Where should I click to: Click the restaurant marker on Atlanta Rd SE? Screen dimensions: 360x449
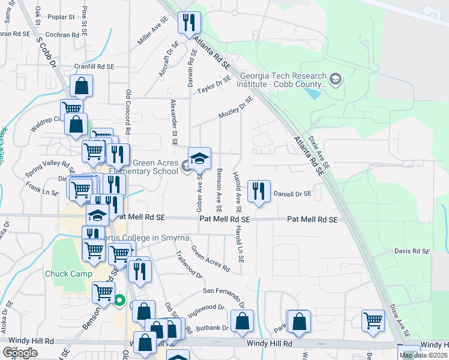[x=190, y=23]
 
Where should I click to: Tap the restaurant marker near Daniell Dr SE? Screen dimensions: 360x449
[x=259, y=191]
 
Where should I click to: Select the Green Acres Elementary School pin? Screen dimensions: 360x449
[x=200, y=158]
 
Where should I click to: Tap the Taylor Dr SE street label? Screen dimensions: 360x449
[x=214, y=85]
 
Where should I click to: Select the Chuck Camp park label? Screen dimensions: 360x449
[x=65, y=274]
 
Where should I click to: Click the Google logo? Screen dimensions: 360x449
[x=19, y=353]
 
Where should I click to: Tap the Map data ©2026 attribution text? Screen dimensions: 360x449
[x=423, y=355]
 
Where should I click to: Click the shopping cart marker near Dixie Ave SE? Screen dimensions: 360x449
[x=373, y=321]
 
